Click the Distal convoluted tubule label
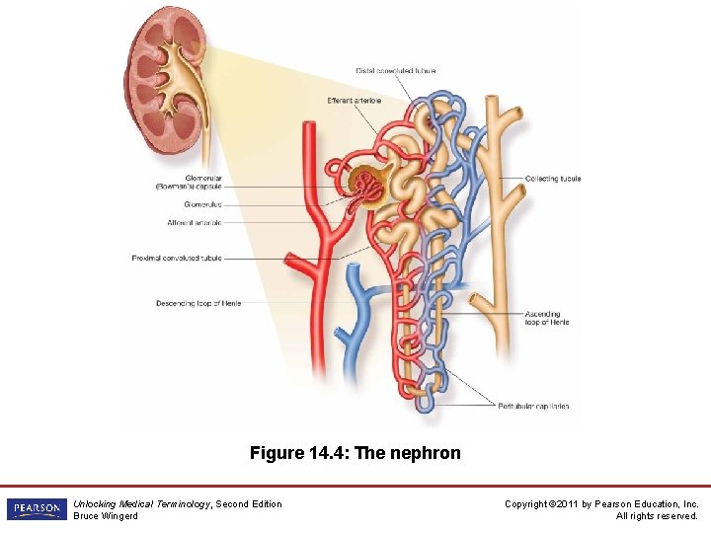[395, 71]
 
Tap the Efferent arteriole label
[354, 101]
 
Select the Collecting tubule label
[553, 179]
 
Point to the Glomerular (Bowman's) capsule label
[189, 183]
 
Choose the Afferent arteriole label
[195, 223]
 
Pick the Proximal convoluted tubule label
[177, 259]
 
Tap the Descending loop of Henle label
[198, 303]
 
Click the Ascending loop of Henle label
[547, 318]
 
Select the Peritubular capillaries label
[533, 407]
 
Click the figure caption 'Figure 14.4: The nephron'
[355, 454]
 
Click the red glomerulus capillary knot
[370, 184]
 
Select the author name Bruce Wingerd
[106, 516]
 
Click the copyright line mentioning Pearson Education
[601, 504]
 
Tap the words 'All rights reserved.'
[657, 516]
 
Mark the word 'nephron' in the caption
[428, 454]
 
